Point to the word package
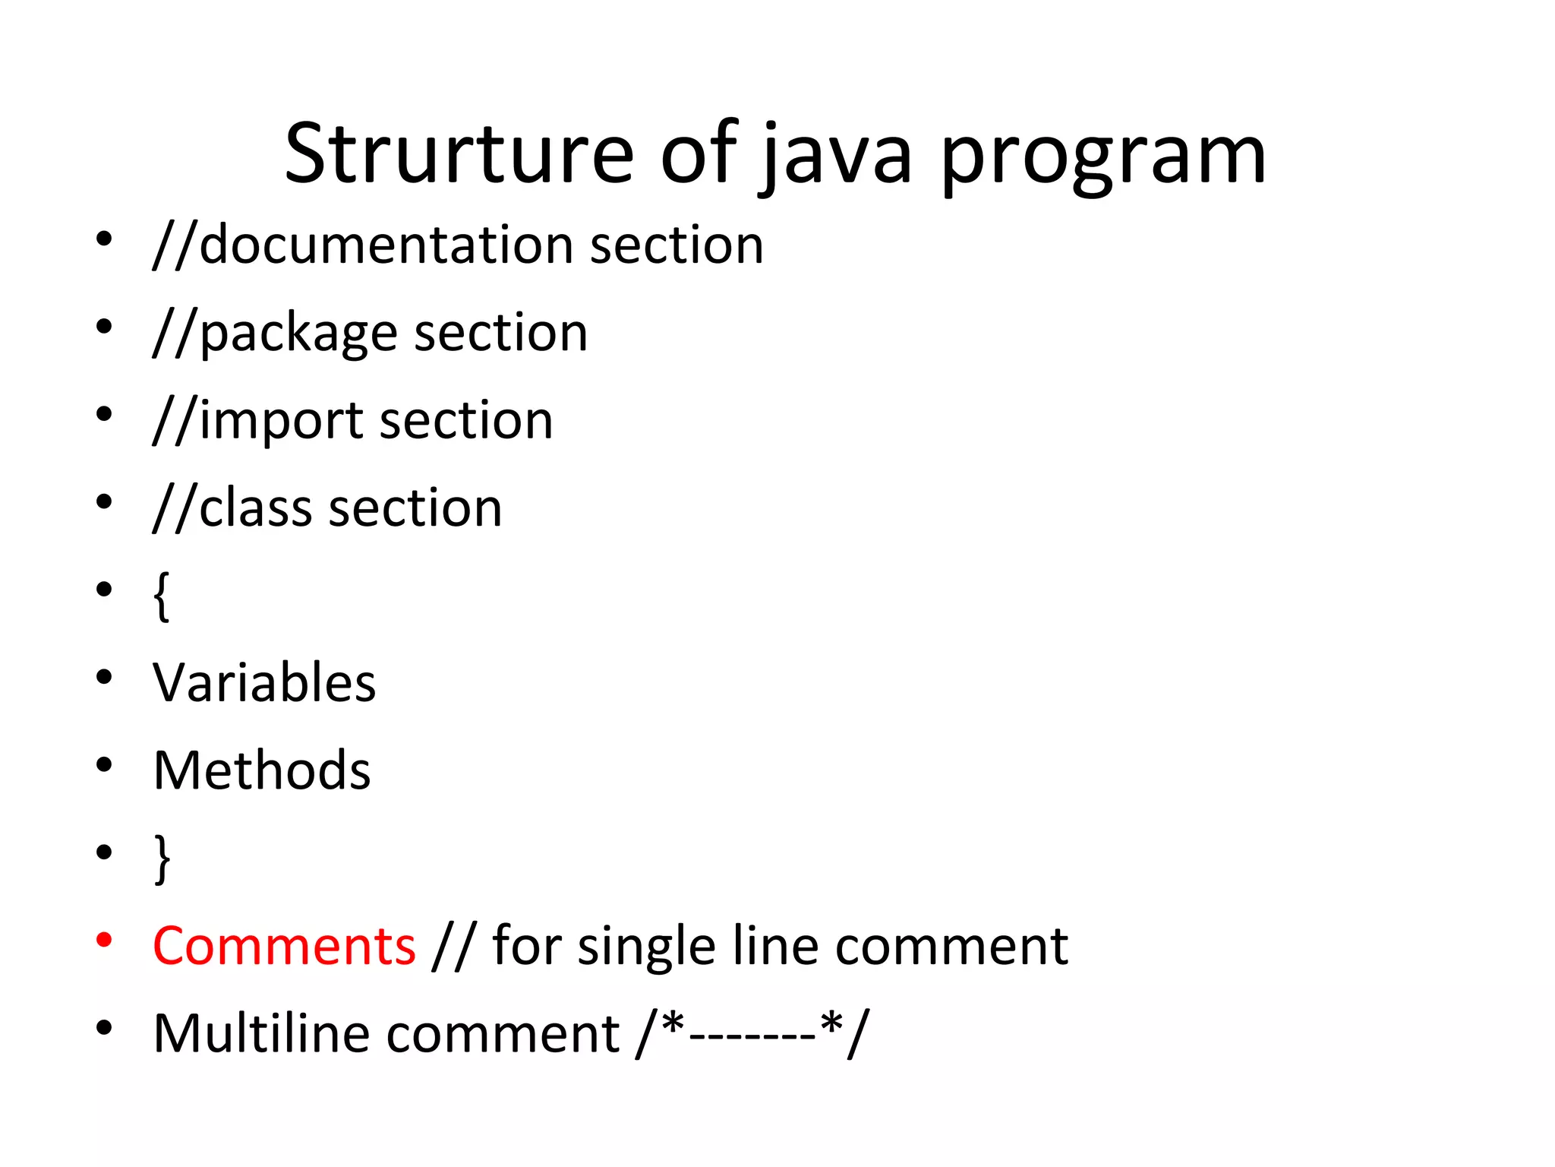point(298,334)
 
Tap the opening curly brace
point(161,596)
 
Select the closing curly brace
point(162,859)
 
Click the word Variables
point(264,682)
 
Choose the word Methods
point(262,770)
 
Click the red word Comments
point(284,946)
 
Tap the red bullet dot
point(105,941)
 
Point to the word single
point(646,947)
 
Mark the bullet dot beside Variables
point(105,677)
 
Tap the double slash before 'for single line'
point(453,946)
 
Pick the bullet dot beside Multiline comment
point(105,1029)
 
